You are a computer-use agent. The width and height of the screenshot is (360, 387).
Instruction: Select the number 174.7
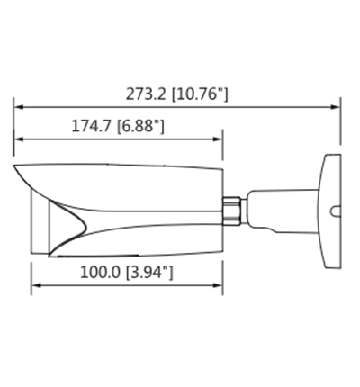93,128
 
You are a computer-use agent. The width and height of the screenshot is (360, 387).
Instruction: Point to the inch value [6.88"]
140,128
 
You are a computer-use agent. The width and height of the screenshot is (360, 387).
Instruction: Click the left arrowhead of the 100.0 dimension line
37,286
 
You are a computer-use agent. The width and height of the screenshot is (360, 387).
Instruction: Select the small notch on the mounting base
335,214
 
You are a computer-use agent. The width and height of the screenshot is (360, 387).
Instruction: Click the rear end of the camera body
219,207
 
